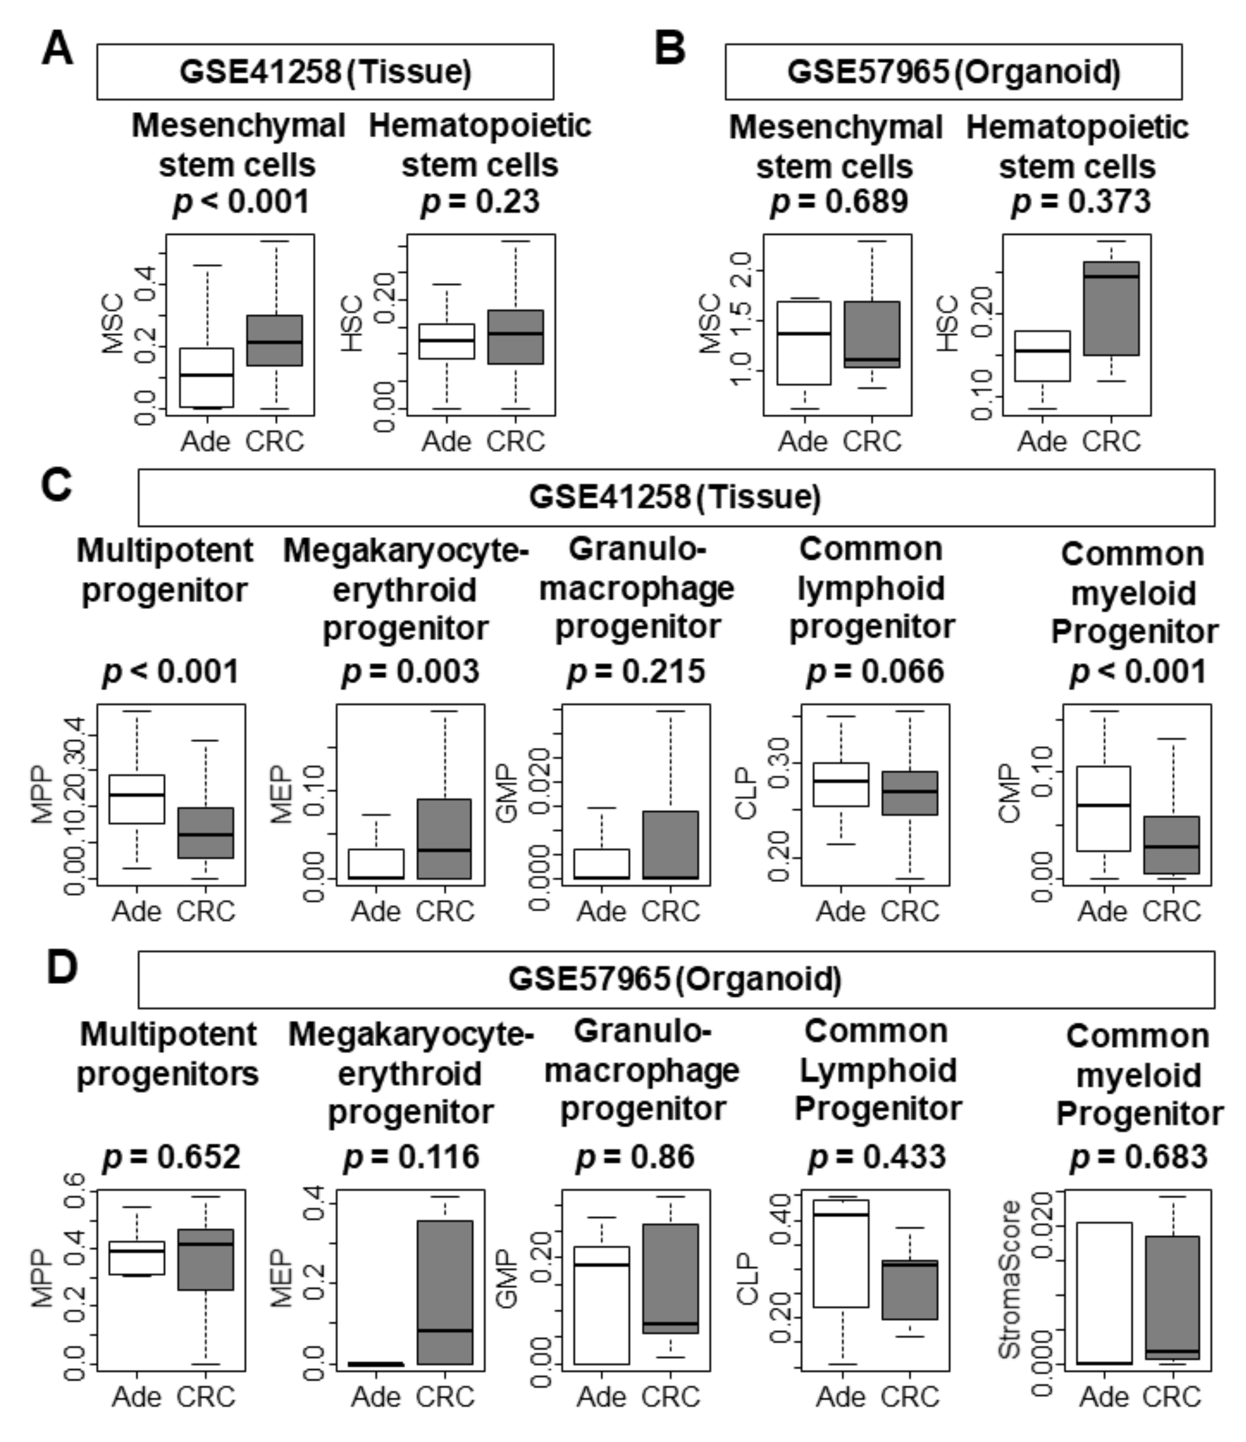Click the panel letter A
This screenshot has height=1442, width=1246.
(x=57, y=50)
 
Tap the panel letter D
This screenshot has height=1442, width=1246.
(x=61, y=968)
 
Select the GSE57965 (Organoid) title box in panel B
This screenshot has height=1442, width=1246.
(x=953, y=72)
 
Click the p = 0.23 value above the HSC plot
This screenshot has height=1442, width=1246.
(x=480, y=202)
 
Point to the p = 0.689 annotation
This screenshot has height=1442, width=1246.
(x=839, y=202)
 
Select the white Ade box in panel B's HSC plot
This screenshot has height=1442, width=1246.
(x=1042, y=356)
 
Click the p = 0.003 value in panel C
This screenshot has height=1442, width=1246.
(x=411, y=671)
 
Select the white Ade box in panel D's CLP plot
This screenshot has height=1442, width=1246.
(x=842, y=1253)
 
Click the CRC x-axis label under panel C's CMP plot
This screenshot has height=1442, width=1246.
(x=1172, y=911)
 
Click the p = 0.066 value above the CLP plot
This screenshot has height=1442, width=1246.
(x=875, y=671)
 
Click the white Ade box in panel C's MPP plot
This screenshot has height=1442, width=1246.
(x=137, y=799)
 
